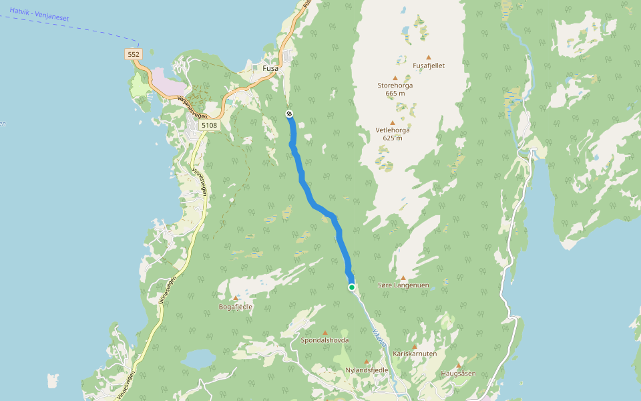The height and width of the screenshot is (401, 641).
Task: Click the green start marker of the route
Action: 352,287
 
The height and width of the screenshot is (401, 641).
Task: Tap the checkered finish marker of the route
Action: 289,114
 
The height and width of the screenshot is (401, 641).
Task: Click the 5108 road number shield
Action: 209,125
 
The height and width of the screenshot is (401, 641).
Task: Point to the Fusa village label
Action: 270,68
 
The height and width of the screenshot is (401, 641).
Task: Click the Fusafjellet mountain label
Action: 429,65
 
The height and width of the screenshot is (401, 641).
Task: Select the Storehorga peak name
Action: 395,86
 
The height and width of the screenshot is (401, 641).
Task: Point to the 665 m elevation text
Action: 395,94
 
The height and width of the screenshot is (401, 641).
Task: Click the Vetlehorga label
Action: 393,130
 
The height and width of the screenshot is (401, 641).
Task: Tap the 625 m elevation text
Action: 393,138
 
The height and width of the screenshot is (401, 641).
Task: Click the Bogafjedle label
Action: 236,307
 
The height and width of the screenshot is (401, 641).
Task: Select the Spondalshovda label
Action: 325,340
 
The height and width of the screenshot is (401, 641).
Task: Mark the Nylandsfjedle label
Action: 367,370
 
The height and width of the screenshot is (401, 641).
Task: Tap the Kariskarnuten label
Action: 415,354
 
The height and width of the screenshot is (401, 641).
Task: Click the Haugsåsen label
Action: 459,373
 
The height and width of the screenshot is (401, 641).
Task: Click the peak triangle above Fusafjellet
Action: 429,57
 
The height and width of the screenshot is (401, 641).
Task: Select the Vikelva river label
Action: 379,338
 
